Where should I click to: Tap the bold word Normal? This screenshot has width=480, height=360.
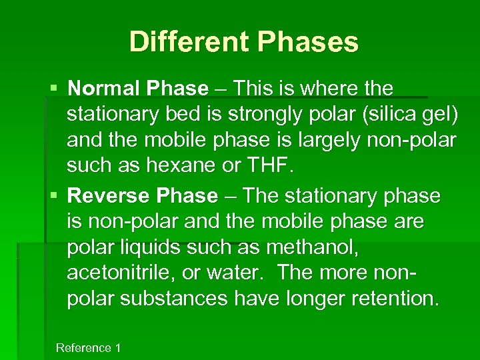point(103,88)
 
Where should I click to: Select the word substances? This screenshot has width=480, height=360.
point(174,299)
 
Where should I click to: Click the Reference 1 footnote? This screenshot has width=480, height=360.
point(88,348)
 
